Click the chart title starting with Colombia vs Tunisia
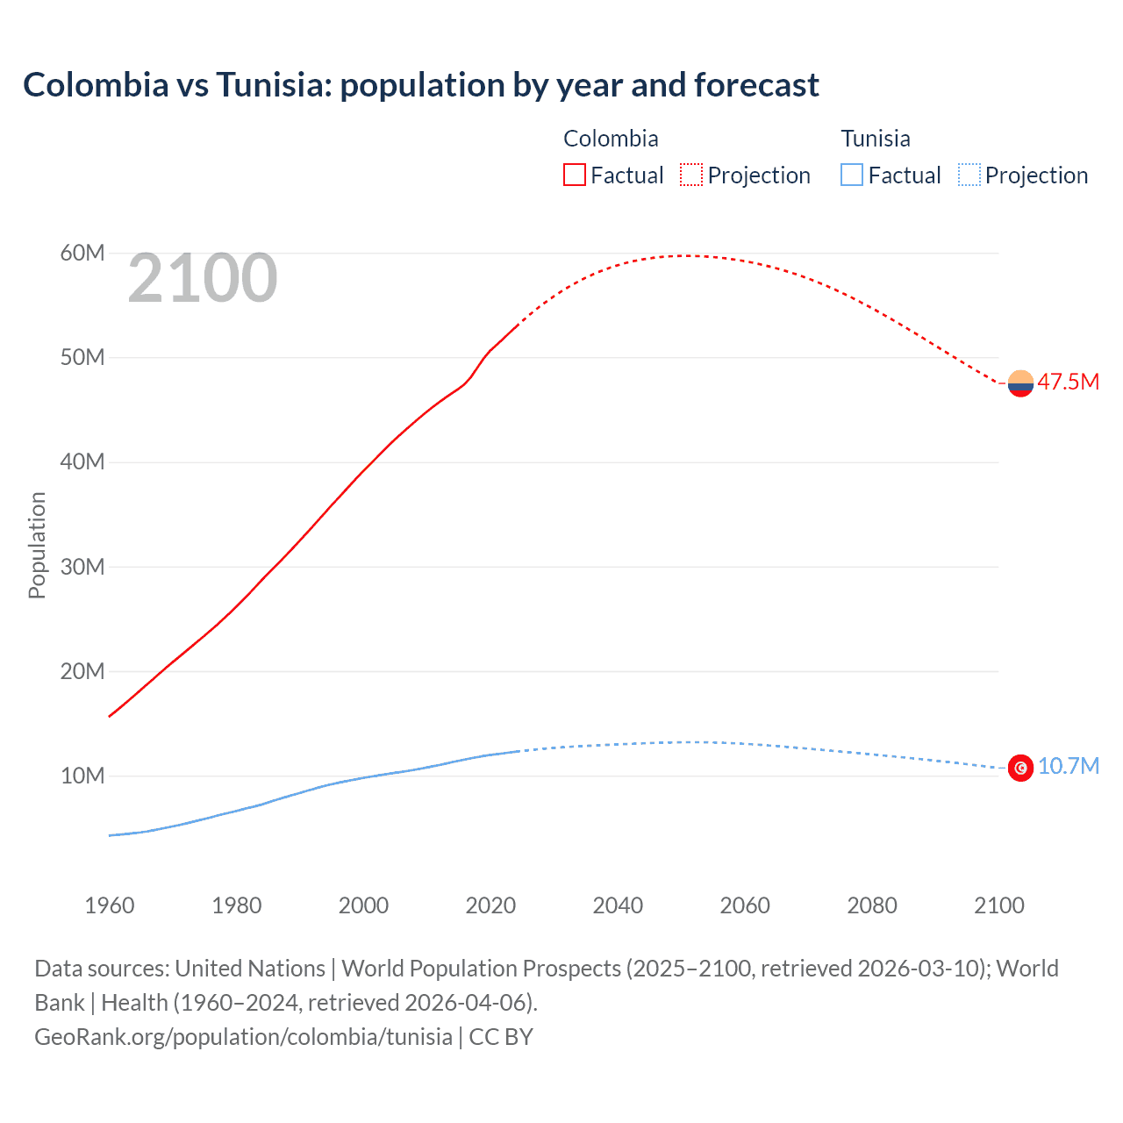coord(420,85)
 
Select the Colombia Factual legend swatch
coord(574,175)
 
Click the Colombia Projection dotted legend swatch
coord(691,175)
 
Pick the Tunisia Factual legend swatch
coord(852,175)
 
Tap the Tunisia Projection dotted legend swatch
coord(969,175)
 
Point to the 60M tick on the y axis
coord(82,254)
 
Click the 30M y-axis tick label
coord(82,567)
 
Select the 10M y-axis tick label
coord(82,776)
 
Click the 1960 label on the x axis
coord(110,905)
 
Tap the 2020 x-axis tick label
coord(490,905)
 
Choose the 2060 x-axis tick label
coord(745,905)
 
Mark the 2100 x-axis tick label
coord(998,905)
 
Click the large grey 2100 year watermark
coord(203,278)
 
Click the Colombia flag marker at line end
coord(1020,383)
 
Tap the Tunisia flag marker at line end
coord(1020,768)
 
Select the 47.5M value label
coord(1068,383)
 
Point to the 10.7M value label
coord(1068,767)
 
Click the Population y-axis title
coord(37,545)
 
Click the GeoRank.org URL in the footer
coord(243,1036)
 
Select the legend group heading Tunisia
coord(875,139)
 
